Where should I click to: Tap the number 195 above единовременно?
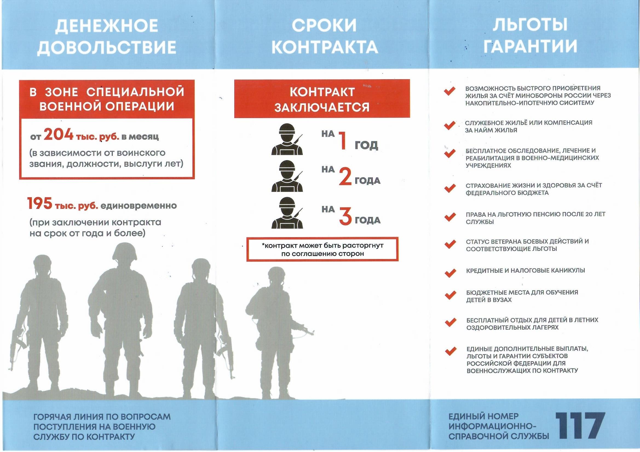tap(40, 204)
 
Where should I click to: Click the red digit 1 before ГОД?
tap(343, 141)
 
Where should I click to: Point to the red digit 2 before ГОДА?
tap(345, 178)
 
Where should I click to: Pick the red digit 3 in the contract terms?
tap(345, 218)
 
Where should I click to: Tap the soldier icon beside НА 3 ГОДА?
tap(287, 213)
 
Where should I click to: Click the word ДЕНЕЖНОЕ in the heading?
tap(106, 26)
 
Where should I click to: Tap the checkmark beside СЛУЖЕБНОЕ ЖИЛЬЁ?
tap(450, 125)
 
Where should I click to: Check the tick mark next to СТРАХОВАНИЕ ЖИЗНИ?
tap(450, 188)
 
